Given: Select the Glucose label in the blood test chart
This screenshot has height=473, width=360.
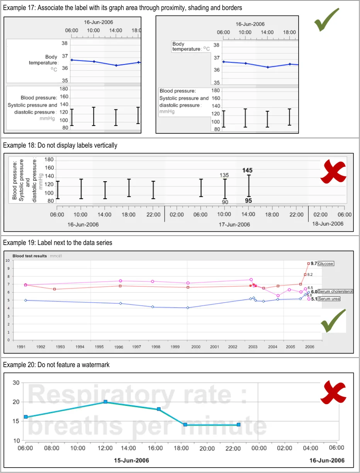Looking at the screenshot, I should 326,264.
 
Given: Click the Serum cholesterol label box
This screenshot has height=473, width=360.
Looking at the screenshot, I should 335,292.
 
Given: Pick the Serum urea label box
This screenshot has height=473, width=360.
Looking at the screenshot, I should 329,299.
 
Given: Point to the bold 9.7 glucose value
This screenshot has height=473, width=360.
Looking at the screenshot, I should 314,264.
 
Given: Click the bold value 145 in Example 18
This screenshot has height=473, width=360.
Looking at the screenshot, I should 248,170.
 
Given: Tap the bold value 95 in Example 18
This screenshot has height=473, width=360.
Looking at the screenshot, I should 248,201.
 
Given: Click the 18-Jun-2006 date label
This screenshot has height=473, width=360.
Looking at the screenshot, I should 328,224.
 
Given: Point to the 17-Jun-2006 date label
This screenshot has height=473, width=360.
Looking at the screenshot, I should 234,225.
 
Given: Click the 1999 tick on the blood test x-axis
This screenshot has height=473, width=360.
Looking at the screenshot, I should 175,347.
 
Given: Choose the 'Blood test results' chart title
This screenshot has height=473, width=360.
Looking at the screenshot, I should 30,256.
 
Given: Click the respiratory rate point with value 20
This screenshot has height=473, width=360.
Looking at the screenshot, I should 105,402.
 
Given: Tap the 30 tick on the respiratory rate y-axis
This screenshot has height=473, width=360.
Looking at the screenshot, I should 16,383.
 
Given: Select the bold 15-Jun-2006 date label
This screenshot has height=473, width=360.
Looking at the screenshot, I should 131,460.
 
